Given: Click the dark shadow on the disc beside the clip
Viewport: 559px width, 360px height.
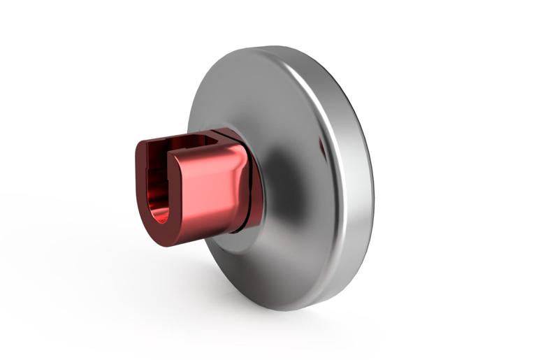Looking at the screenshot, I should click(x=286, y=182).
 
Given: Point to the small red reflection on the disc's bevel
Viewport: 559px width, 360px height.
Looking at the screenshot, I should click(x=322, y=147).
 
